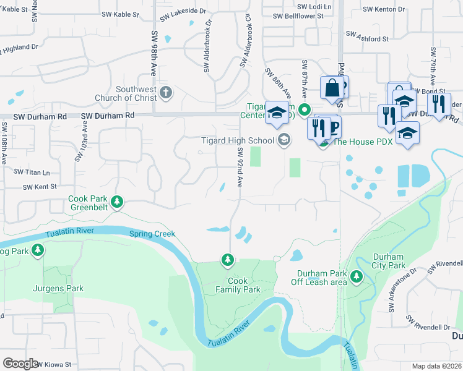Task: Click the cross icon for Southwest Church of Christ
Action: pyautogui.click(x=165, y=93)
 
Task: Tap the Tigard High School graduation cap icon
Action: pyautogui.click(x=283, y=140)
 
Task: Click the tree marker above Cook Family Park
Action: pyautogui.click(x=228, y=261)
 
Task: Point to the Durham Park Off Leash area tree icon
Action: pyautogui.click(x=357, y=276)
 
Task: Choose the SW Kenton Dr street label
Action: pyautogui.click(x=384, y=9)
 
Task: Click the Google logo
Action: pyautogui.click(x=20, y=364)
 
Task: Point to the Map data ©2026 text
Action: pyautogui.click(x=436, y=366)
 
